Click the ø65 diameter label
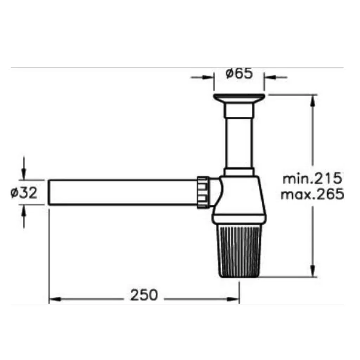coord(239,73)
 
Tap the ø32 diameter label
coord(24,192)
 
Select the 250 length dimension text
coord(144,295)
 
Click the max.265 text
coord(312,194)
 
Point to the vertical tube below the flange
coord(239,143)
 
